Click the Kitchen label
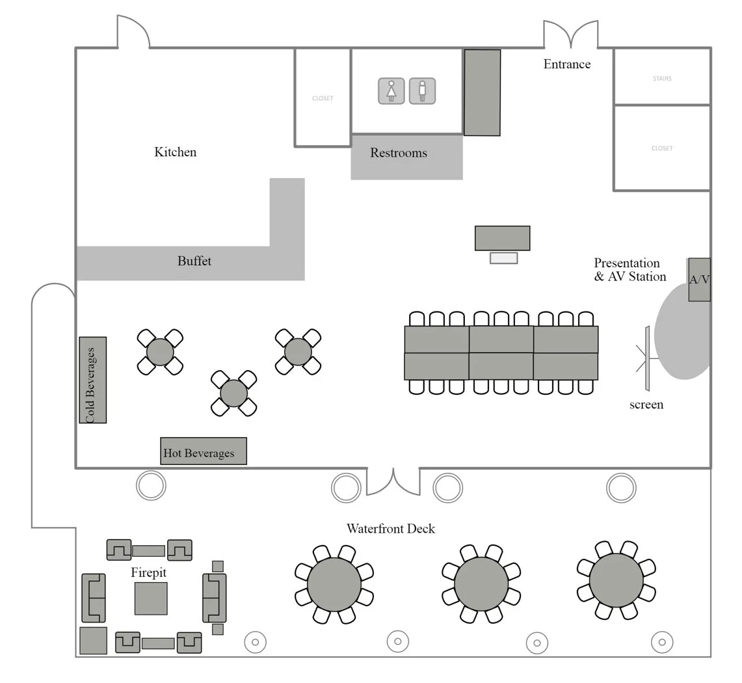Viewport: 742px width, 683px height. click(175, 152)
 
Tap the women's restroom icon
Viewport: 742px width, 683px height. click(391, 91)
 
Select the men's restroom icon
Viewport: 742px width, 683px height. click(422, 91)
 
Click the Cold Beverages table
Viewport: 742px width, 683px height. click(92, 380)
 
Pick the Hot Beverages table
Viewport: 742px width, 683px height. click(203, 451)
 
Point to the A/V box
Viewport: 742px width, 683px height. click(699, 280)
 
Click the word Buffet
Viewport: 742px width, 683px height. click(194, 261)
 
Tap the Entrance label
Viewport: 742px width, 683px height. click(567, 64)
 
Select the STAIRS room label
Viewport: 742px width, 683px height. click(662, 79)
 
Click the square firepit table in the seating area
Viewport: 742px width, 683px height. click(151, 598)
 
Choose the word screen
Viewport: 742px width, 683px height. click(646, 405)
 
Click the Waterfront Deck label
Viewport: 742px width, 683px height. click(390, 529)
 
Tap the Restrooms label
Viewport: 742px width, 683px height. click(399, 154)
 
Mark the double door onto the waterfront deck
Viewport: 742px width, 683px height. click(393, 481)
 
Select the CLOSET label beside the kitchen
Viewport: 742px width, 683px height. click(323, 99)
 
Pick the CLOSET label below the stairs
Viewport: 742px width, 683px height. click(662, 148)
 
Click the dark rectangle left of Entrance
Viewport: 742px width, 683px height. click(482, 92)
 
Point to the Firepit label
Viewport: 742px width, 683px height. click(148, 573)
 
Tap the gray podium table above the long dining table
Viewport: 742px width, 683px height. click(502, 238)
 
